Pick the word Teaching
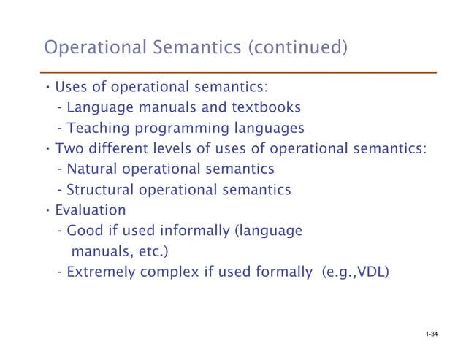coord(95,129)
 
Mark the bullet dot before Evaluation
coord(47,210)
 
